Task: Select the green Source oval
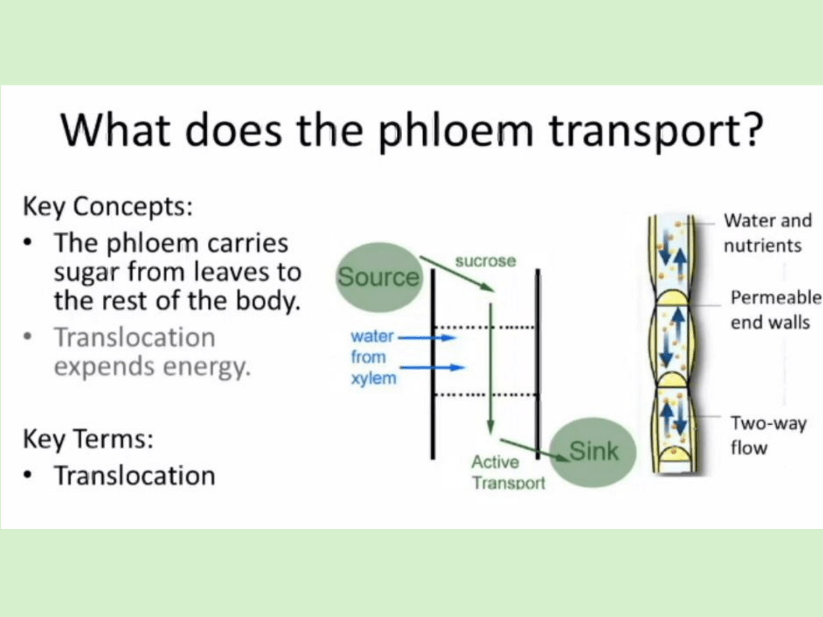[379, 277]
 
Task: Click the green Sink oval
[593, 452]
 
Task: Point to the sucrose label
[486, 261]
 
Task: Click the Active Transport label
[508, 473]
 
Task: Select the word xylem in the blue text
[374, 378]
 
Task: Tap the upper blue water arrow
[427, 337]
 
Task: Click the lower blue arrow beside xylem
[432, 368]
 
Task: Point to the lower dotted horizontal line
[486, 394]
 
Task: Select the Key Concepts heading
[108, 207]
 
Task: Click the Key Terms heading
[88, 439]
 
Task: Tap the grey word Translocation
[135, 337]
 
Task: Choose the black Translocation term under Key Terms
[135, 476]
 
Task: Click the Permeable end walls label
[776, 310]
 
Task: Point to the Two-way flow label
[768, 435]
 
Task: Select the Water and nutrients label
[767, 232]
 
